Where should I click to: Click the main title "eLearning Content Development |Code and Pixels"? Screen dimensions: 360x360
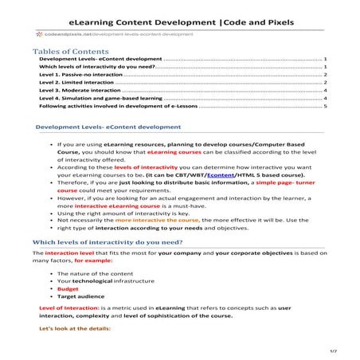click(x=181, y=22)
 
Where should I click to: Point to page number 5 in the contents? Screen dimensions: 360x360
click(x=326, y=105)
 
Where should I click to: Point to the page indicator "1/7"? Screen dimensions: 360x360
click(x=334, y=350)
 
